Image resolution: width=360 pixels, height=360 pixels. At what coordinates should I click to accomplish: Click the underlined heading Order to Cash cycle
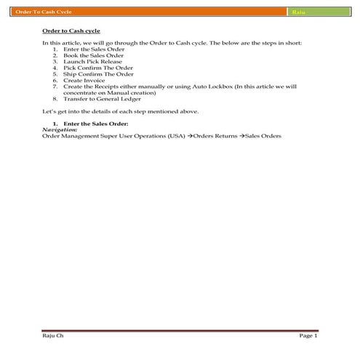point(71,33)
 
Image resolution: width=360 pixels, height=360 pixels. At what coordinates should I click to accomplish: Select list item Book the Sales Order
point(94,55)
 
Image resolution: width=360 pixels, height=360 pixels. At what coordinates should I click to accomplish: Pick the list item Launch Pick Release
point(92,62)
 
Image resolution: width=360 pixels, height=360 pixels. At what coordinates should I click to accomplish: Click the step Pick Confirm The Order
point(98,68)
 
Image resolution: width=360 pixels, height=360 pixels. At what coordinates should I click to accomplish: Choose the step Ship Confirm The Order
point(98,74)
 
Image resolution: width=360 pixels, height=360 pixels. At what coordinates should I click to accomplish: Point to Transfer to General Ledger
point(103,98)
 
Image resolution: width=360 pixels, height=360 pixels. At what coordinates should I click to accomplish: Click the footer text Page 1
point(308,336)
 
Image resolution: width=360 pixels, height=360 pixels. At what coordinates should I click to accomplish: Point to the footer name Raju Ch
point(52,336)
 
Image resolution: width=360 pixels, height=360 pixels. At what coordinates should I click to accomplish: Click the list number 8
point(55,98)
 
